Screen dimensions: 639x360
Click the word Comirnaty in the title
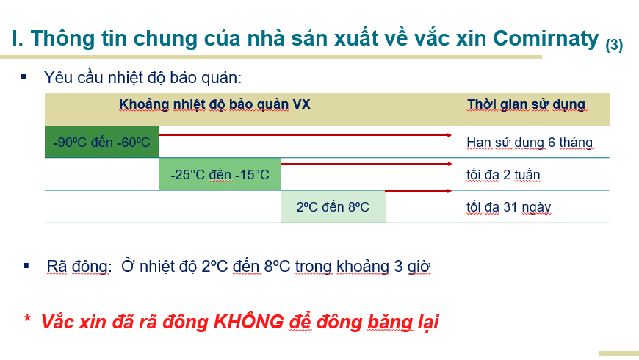tap(546, 39)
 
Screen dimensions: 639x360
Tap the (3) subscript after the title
tap(614, 45)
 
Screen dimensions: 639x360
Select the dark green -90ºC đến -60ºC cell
tap(102, 142)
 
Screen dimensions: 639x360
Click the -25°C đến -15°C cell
tap(220, 175)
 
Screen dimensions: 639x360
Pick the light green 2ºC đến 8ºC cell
tap(333, 207)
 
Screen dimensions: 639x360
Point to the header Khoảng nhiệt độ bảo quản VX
tap(214, 104)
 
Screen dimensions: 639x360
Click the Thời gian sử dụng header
tap(526, 104)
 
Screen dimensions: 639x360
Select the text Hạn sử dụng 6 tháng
tap(530, 143)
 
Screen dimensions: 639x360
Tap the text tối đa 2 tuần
tap(503, 175)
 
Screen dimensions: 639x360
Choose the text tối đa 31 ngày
tap(508, 207)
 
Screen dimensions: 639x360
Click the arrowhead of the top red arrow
tap(450, 135)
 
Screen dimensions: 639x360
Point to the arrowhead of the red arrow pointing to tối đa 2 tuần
tap(450, 164)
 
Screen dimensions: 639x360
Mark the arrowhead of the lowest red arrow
tap(450, 191)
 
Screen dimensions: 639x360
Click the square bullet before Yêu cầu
tap(24, 76)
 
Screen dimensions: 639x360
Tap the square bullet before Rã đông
tap(26, 266)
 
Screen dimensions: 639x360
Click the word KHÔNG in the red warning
tap(248, 322)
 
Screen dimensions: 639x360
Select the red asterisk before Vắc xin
tap(27, 319)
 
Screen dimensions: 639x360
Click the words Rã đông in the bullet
tap(78, 267)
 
